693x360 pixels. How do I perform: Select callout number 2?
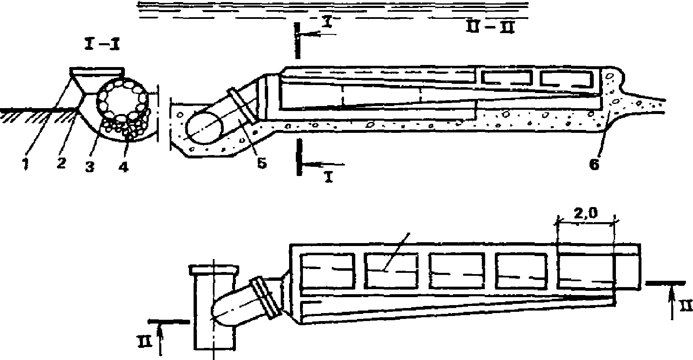pos(61,163)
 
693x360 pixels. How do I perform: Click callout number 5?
pos(261,163)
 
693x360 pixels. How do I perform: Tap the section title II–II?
pos(489,28)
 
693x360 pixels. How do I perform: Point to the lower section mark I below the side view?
pos(328,177)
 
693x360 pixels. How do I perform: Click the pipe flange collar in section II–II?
pos(242,105)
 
